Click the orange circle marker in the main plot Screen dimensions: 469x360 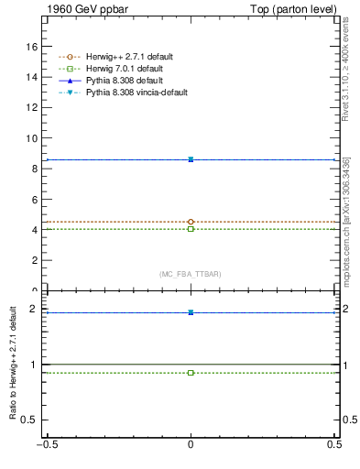point(191,222)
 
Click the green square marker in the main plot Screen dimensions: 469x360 point(191,229)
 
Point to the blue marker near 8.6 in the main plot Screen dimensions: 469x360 point(191,159)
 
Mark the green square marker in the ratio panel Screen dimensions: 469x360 point(191,373)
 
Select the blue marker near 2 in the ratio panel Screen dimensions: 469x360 point(191,312)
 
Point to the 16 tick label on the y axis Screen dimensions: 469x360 point(31,46)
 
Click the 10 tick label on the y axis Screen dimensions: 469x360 point(31,138)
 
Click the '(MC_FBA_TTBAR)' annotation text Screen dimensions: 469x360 point(191,274)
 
